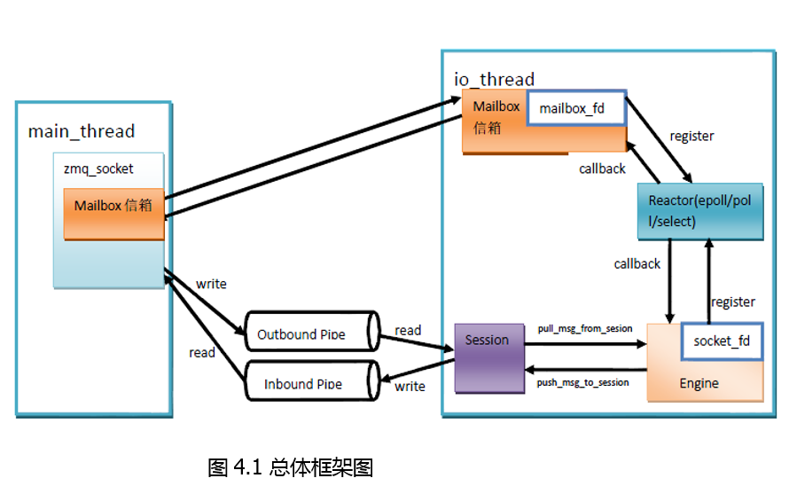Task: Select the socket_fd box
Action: pos(722,341)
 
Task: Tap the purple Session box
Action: pos(488,357)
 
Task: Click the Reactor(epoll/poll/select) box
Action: pos(699,211)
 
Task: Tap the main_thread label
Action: pos(82,132)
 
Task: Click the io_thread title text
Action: pos(495,80)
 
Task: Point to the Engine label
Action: pos(699,383)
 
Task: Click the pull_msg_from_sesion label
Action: pos(585,329)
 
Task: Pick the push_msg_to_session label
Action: pos(583,382)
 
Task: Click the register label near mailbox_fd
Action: pos(691,137)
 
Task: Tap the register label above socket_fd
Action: pos(733,302)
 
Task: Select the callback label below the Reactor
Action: pos(637,263)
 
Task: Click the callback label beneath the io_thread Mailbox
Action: pos(602,168)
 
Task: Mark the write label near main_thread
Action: pos(211,284)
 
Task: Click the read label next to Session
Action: pos(408,330)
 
